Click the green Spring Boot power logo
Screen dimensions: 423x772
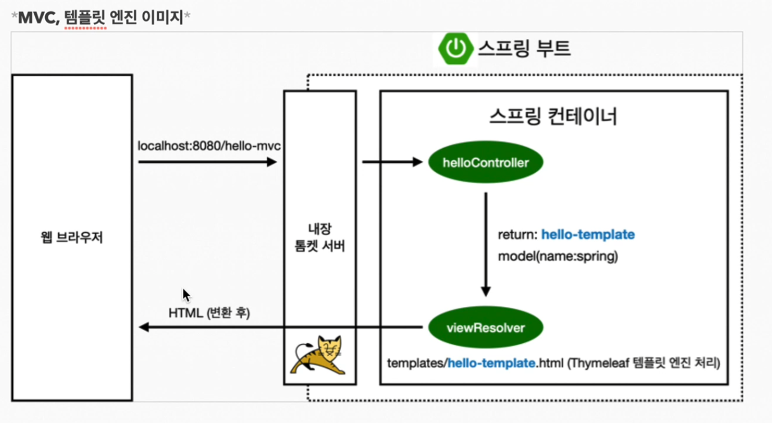coord(455,48)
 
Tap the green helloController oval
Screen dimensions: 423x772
coord(486,163)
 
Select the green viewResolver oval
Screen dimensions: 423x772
coord(486,328)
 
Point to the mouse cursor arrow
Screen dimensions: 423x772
coord(186,295)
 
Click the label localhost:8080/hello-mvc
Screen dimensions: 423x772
coord(209,146)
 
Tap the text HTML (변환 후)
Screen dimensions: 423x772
coord(209,312)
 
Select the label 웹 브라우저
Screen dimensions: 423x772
coord(72,237)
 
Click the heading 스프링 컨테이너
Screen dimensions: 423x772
coord(553,116)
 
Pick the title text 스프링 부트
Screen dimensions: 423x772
coord(524,48)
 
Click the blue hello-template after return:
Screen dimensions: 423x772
coord(588,235)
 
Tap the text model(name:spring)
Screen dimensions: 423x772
coord(558,256)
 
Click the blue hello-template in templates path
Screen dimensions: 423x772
coord(491,363)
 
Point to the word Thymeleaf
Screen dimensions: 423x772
coord(595,363)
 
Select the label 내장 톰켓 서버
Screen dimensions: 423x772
coord(319,237)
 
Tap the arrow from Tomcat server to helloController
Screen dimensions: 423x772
coord(392,162)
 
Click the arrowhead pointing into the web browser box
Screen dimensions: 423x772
coord(144,327)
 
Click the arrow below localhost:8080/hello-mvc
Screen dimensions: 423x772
coord(208,162)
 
